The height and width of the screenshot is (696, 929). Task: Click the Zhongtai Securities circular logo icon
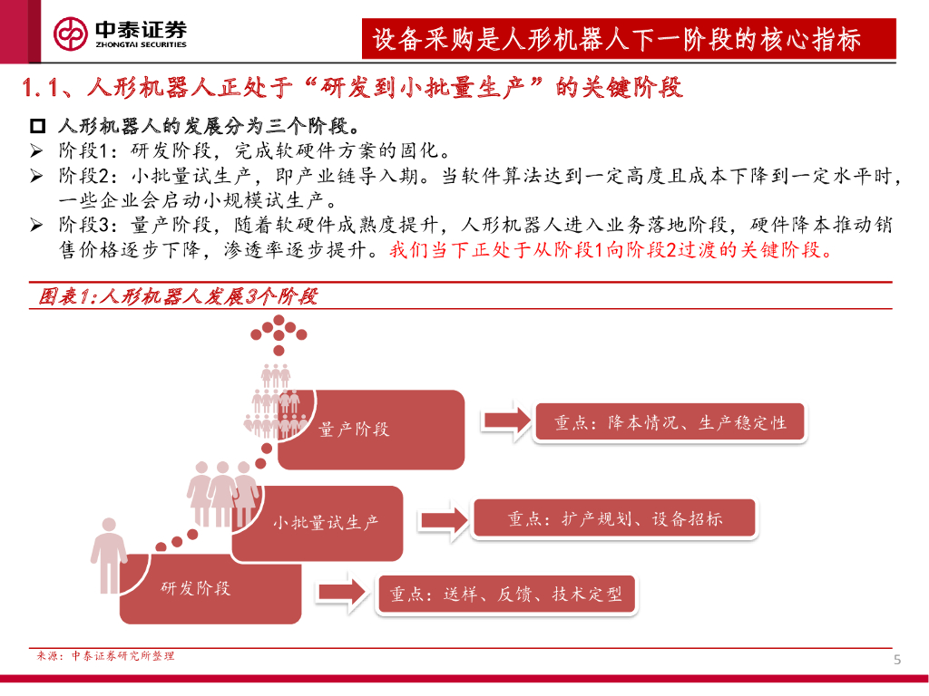(x=70, y=34)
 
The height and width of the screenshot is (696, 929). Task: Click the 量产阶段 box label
(x=354, y=430)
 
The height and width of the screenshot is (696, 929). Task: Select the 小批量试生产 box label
(x=326, y=523)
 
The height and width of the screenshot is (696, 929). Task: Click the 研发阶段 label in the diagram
(x=196, y=588)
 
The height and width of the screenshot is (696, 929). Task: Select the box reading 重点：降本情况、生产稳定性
(x=670, y=423)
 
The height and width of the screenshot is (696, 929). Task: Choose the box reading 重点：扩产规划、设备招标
(x=614, y=519)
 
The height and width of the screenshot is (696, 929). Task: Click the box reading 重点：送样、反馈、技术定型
(x=506, y=594)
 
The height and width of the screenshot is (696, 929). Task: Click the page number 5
(x=897, y=659)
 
